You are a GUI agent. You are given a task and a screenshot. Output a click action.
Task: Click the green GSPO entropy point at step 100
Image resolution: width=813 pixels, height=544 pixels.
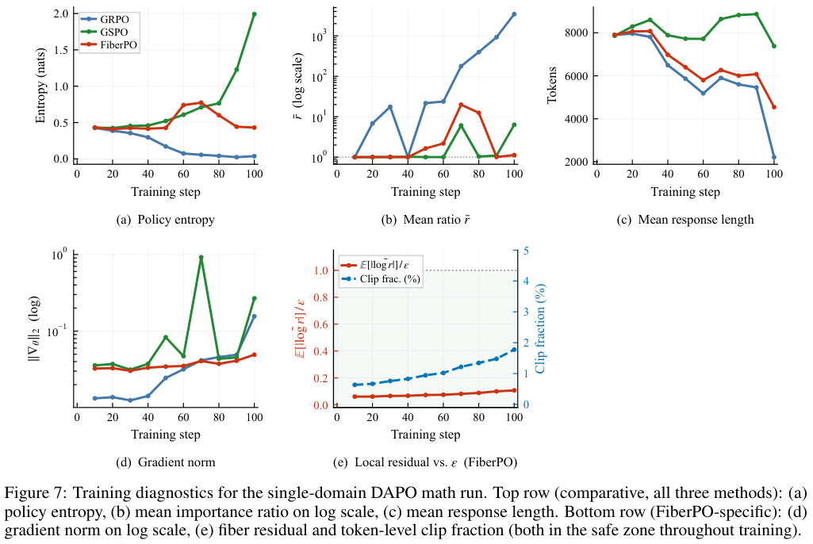[255, 14]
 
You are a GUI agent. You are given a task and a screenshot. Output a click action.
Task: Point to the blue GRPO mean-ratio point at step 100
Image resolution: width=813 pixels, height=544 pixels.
[514, 14]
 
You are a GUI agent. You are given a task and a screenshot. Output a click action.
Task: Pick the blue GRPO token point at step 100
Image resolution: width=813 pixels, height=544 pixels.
[773, 157]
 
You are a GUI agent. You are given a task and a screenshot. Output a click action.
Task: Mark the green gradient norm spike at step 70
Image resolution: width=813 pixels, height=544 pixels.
[201, 258]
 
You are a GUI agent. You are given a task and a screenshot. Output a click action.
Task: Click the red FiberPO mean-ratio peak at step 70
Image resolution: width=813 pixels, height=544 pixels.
[461, 105]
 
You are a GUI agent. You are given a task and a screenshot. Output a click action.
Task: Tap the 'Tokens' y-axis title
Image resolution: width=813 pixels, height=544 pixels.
[553, 86]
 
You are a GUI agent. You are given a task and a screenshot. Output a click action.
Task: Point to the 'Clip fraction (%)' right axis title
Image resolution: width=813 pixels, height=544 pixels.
[540, 328]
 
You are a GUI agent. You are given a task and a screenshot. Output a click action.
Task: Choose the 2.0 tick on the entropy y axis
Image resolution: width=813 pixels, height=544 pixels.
[59, 14]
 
